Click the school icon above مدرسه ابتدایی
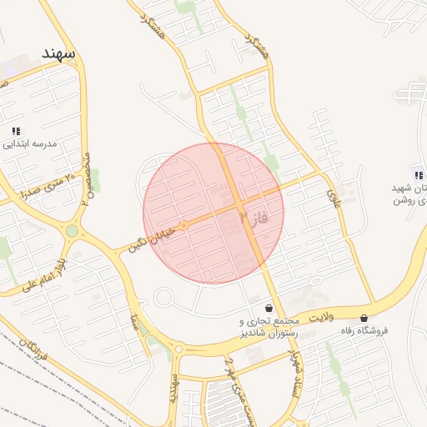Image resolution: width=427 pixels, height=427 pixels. pos(16,131)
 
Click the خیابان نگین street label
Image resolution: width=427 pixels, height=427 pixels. pos(148,236)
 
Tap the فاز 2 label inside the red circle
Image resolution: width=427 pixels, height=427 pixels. pos(252,219)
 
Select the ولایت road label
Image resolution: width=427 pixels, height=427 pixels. pos(320,318)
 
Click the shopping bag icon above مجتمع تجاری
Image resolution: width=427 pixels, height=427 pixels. pos(268,308)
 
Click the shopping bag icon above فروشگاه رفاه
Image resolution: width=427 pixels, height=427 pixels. pos(364,318)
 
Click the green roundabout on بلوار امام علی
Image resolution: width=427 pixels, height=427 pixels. pos(73,230)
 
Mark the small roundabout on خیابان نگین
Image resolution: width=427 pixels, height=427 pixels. pos(183,225)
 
